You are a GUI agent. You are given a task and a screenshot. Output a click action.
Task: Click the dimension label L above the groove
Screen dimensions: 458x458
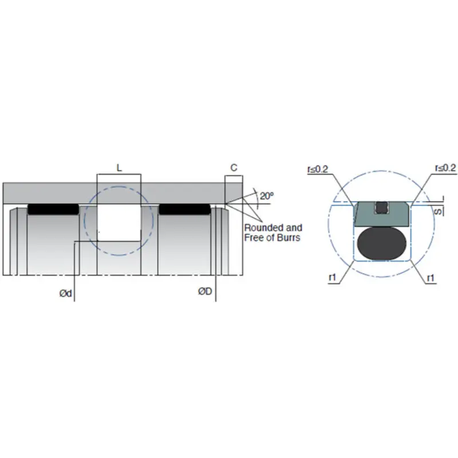(119, 168)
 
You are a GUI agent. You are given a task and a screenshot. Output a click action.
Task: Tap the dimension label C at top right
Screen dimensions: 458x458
(234, 168)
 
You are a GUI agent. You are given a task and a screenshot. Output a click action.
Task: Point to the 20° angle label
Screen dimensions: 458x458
(266, 196)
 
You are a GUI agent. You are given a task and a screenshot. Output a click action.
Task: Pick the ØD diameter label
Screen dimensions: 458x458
(205, 291)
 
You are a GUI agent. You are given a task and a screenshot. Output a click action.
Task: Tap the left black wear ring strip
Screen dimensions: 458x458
(53, 210)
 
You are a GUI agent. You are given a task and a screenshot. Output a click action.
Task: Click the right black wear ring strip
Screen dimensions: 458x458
(184, 210)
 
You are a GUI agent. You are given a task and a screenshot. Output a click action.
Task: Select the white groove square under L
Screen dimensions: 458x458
(119, 223)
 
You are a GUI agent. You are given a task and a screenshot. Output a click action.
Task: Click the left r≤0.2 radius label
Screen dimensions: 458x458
(318, 168)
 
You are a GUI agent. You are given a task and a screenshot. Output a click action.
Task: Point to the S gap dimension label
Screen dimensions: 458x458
(438, 211)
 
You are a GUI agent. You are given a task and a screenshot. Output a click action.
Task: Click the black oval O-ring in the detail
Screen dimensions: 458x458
(381, 242)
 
